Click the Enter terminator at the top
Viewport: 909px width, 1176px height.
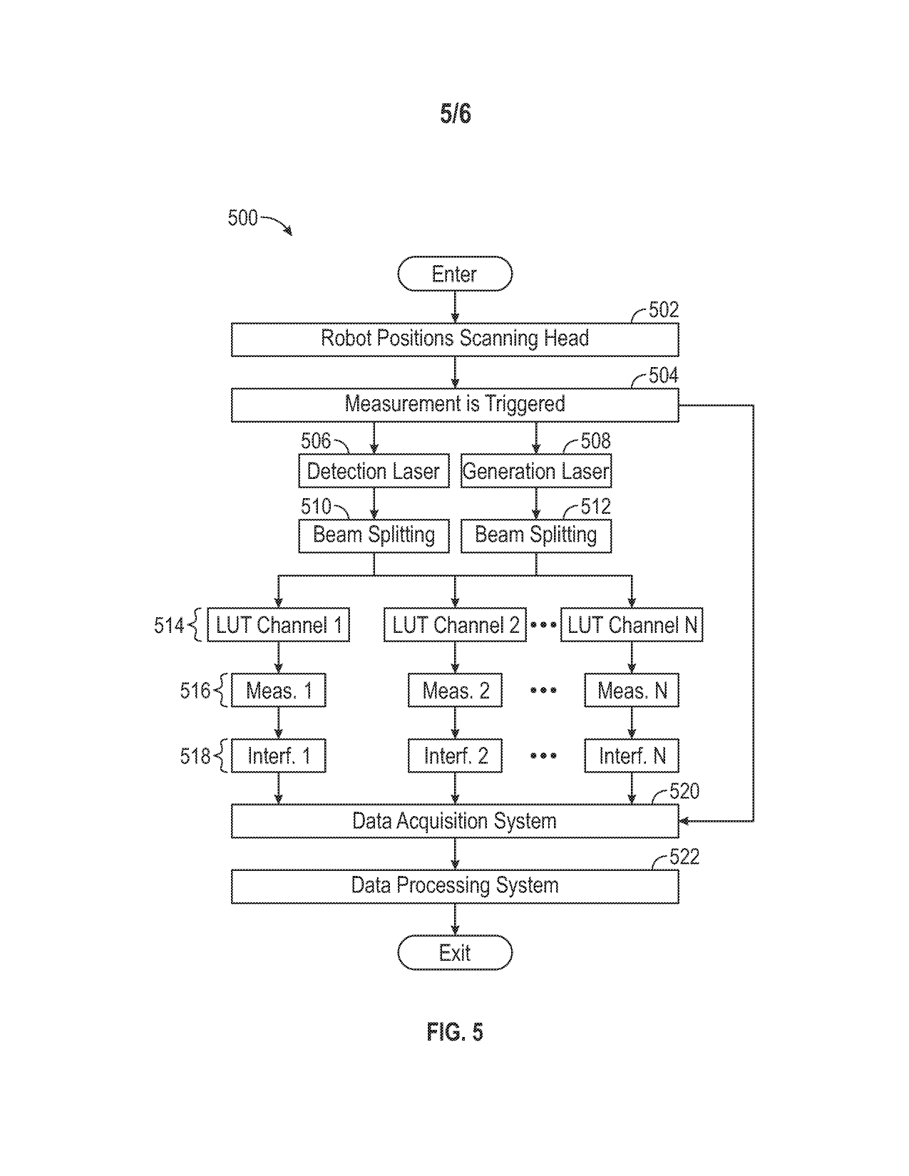(455, 274)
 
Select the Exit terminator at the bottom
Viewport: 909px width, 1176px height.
(455, 953)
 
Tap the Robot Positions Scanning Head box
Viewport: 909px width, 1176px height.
(455, 339)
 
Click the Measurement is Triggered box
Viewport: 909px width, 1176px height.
(455, 404)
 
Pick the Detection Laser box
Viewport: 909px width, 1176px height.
(374, 471)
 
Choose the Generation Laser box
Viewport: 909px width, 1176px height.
(536, 471)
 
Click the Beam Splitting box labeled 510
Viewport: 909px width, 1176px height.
(374, 535)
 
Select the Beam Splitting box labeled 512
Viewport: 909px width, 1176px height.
(536, 535)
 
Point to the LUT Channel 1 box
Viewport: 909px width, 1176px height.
(278, 626)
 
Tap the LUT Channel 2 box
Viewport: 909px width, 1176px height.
(455, 626)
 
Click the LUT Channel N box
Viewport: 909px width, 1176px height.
(632, 626)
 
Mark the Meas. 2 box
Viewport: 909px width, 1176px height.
(455, 691)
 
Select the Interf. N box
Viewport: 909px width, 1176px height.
(632, 756)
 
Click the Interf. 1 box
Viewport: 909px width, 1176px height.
(278, 756)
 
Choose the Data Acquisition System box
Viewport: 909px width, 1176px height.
(455, 821)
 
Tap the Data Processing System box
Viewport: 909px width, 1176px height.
(455, 886)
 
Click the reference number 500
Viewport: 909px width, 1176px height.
(242, 217)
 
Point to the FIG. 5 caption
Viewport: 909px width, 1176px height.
(455, 1032)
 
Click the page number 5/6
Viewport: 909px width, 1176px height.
(455, 114)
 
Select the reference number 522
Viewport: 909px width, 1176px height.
(684, 857)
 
